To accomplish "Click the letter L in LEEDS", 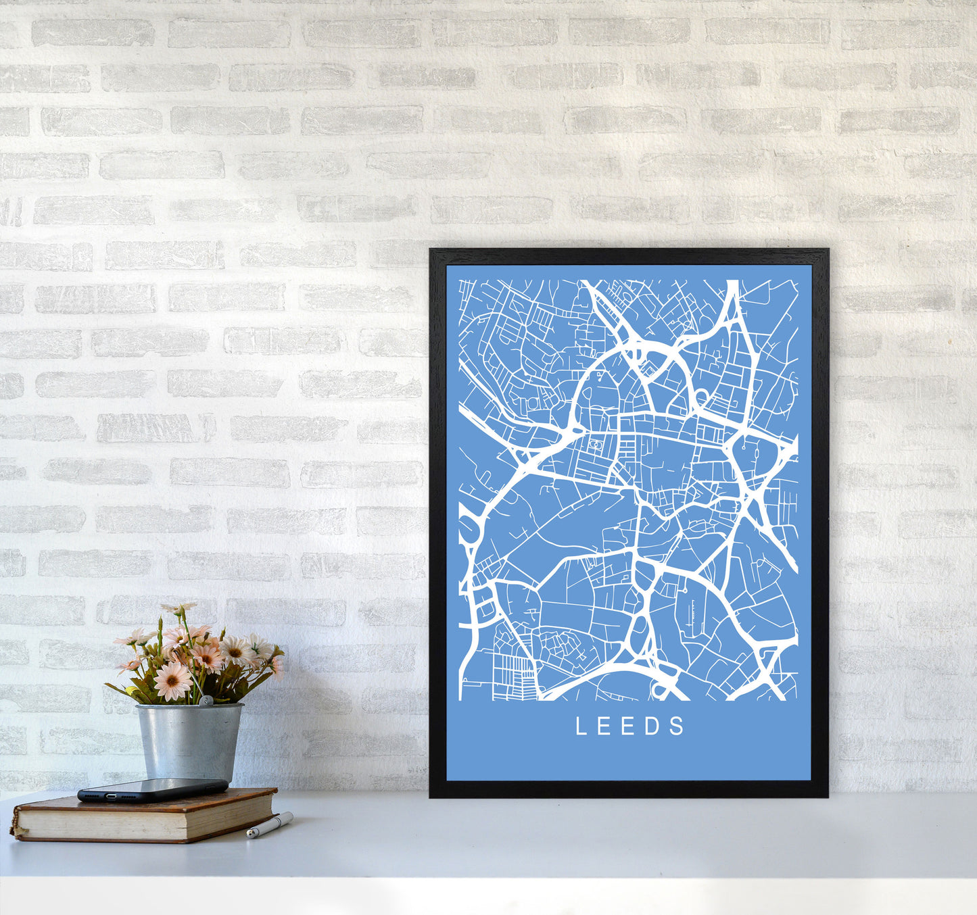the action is (x=579, y=726).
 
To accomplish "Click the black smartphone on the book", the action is (x=152, y=789).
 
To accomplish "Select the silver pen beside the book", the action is (x=270, y=825).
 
